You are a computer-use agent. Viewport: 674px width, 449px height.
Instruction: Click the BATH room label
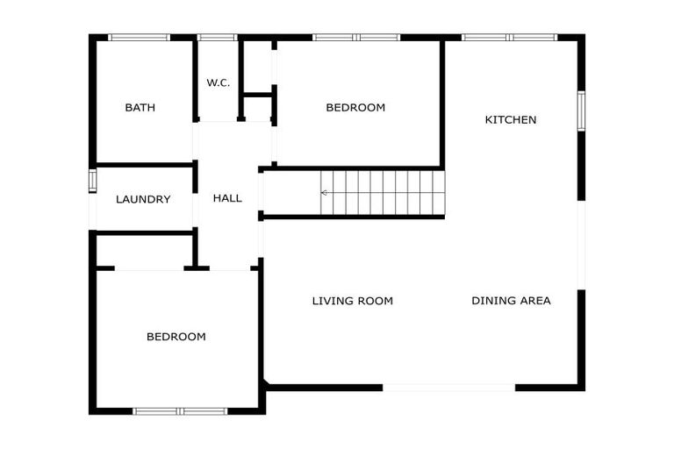[140, 108]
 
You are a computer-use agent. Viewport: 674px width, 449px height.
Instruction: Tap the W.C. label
[219, 83]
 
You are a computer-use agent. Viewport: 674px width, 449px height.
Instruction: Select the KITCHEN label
[511, 119]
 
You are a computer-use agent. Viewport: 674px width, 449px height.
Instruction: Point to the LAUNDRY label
[143, 199]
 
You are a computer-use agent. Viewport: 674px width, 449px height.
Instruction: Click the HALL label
[227, 198]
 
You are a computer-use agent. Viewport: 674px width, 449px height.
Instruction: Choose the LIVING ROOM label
[353, 301]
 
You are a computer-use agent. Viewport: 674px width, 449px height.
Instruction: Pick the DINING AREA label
[511, 301]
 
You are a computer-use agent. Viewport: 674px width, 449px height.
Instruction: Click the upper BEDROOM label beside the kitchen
[355, 108]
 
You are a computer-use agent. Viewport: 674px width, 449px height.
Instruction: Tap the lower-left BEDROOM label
[176, 337]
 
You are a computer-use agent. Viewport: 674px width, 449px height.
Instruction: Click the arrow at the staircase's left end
[326, 192]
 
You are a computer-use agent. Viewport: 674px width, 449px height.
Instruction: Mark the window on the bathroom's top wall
[139, 38]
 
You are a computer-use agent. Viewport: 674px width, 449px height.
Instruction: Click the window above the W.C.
[218, 38]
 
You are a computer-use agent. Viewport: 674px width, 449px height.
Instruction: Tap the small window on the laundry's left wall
[92, 180]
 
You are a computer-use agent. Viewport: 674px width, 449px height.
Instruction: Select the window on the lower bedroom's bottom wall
[180, 410]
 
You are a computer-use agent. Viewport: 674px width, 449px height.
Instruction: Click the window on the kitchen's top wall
[509, 38]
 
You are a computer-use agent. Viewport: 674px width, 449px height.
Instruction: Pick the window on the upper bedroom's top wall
[356, 38]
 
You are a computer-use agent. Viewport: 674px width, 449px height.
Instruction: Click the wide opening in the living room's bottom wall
[448, 387]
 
